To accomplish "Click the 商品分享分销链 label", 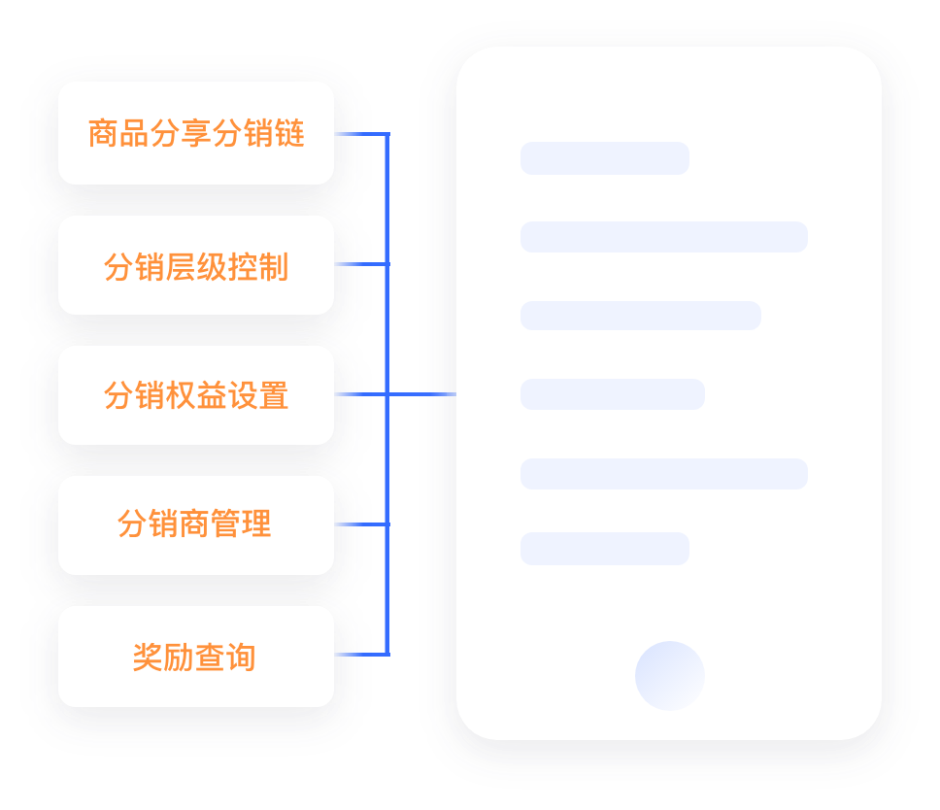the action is [x=196, y=133].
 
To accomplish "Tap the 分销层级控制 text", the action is [x=196, y=267].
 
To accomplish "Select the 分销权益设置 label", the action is [x=196, y=395].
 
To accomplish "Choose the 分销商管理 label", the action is [x=194, y=523].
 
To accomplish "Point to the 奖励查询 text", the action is [x=194, y=658].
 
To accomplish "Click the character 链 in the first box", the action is [x=289, y=133].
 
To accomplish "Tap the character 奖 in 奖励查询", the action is [x=148, y=658].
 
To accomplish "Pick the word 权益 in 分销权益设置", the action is [x=196, y=395].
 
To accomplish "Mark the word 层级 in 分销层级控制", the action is [x=196, y=267].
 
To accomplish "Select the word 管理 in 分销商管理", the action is [x=241, y=523].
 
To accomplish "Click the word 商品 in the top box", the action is [x=118, y=133].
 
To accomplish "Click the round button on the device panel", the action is [x=670, y=676].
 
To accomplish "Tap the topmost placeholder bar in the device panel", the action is [x=605, y=158].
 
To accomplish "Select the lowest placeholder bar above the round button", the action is [x=605, y=549].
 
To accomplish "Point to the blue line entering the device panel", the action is [x=422, y=394].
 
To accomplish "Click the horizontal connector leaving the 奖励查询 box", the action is [x=362, y=654].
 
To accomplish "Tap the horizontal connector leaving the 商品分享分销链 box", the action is [x=362, y=134].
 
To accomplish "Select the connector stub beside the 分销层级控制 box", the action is [x=362, y=264].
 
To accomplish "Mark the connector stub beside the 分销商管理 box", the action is [x=362, y=524].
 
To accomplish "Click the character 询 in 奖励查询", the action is [x=241, y=658].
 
